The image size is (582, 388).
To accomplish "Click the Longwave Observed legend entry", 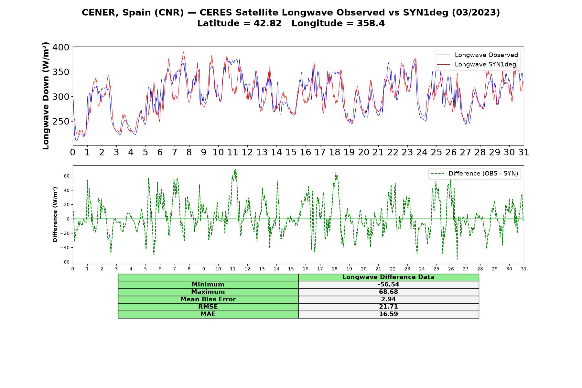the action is tap(477, 55).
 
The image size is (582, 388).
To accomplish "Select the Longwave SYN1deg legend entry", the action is tap(476, 64).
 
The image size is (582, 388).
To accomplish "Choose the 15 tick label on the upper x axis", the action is tap(291, 152).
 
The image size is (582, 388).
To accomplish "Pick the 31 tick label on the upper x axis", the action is tap(524, 152).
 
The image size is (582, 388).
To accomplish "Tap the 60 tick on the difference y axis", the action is tap(67, 176).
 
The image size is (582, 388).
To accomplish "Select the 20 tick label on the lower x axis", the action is tap(364, 269).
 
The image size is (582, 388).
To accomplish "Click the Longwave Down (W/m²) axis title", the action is tap(46, 96).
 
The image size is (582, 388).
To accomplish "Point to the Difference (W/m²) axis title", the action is tap(55, 215).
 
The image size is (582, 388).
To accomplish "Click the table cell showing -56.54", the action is tap(388, 285).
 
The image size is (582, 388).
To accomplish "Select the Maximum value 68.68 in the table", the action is tap(388, 292).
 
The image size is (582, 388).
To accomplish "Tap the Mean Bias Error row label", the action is tap(208, 299).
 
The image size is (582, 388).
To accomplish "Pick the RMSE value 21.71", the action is tap(388, 307).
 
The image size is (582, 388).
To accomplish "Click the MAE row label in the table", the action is tap(208, 314).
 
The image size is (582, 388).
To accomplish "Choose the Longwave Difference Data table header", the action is tap(388, 277).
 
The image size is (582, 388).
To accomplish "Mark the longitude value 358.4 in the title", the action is tap(371, 23).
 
